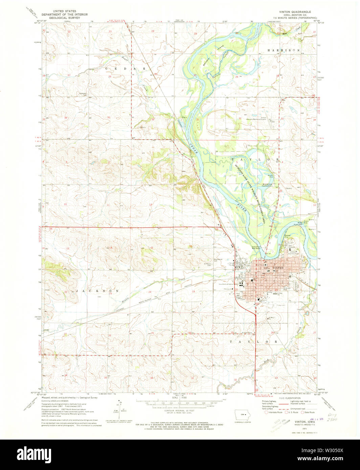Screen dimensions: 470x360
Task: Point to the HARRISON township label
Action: [x=284, y=50]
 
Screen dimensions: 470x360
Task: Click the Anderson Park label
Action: [x=287, y=289]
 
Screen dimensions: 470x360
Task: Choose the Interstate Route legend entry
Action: [x=275, y=412]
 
